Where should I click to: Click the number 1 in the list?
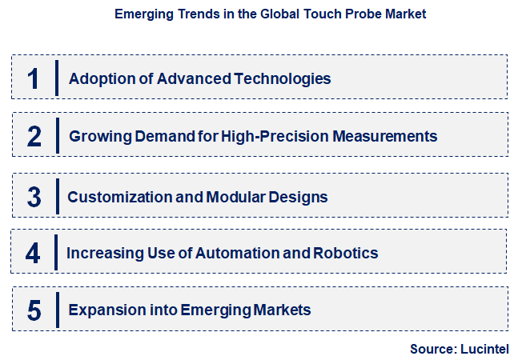[33, 78]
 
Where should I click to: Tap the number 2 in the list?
[34, 136]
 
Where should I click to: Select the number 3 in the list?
[34, 196]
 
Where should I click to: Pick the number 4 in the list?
[33, 254]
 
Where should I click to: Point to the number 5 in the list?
[34, 310]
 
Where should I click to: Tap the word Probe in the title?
[359, 14]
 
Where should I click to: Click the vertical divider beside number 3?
[58, 196]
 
